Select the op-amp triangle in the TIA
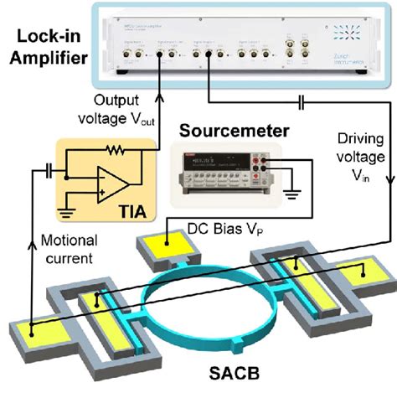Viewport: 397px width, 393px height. (113, 184)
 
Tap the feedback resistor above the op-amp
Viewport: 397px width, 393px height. (109, 151)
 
